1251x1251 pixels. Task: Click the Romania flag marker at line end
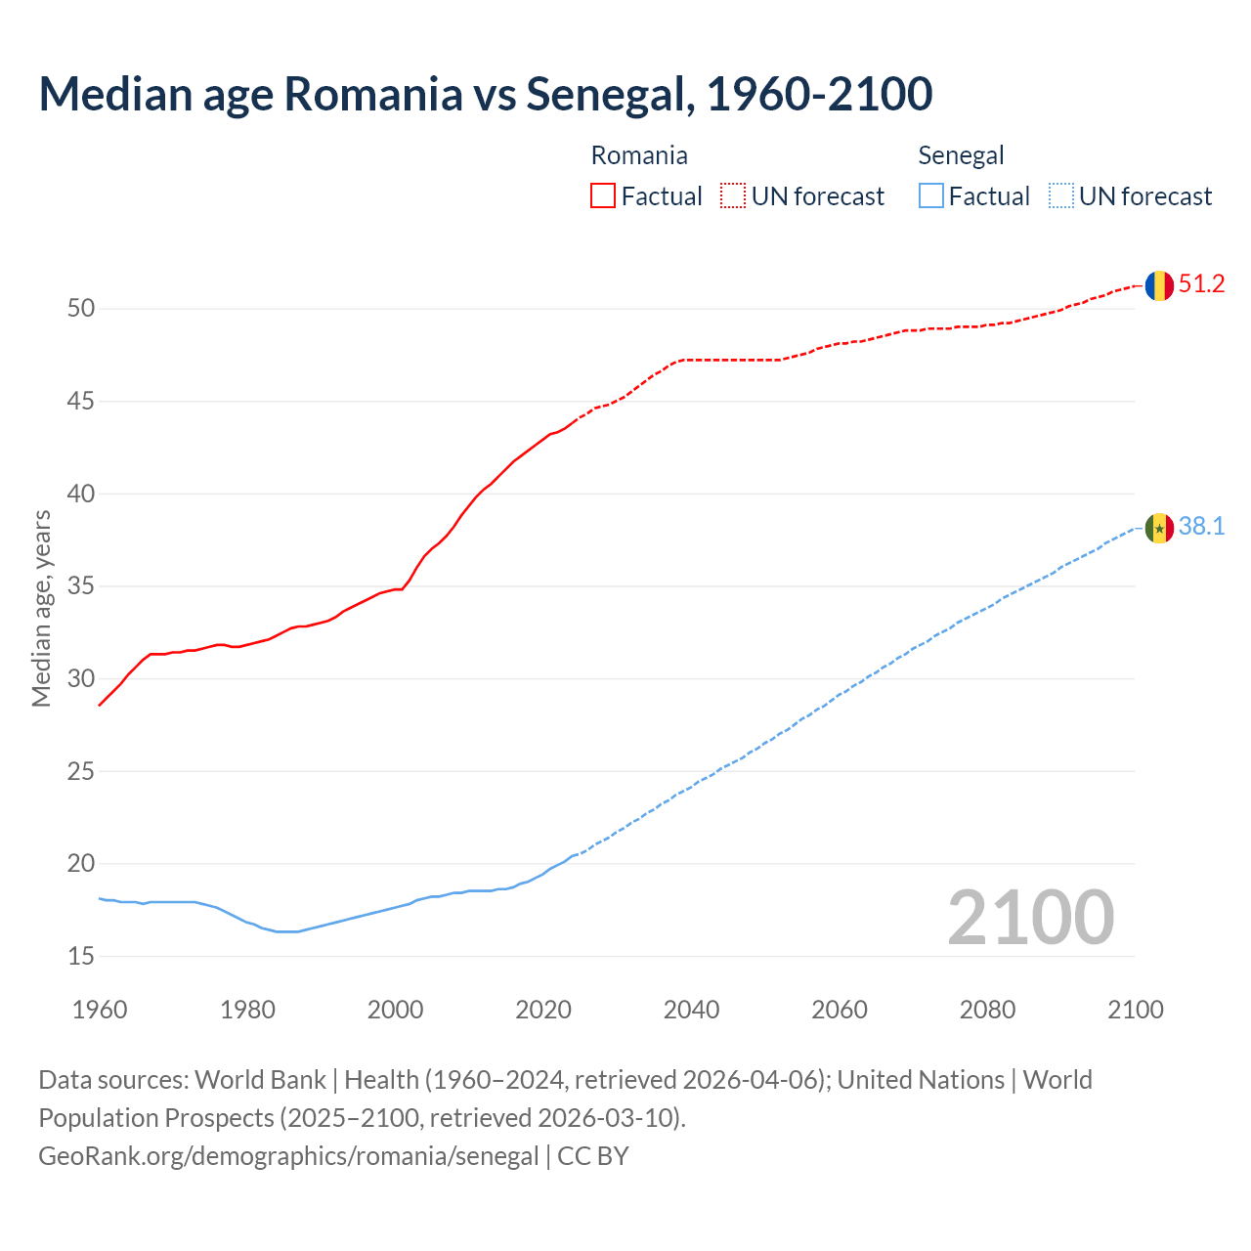coord(1159,285)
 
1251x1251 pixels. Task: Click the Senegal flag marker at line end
coord(1159,528)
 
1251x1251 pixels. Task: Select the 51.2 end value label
coord(1201,284)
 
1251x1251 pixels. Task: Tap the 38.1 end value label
coord(1201,527)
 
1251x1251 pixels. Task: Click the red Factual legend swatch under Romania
coord(603,196)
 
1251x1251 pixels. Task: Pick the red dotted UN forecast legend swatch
coord(733,196)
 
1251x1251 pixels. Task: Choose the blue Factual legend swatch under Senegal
coord(930,196)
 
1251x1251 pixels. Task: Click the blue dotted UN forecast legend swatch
coord(1060,196)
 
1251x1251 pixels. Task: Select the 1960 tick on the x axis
coord(100,1010)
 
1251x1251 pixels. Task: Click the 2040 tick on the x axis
coord(691,1010)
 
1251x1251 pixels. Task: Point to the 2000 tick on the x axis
coord(395,1010)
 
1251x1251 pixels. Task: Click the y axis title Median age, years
coord(41,608)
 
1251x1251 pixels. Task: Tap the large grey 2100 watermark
coord(1030,918)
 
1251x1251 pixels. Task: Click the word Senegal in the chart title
coord(610,94)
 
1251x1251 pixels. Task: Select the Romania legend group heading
coord(639,155)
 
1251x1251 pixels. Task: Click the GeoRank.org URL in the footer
coord(288,1156)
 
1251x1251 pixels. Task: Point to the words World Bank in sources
coord(260,1080)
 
